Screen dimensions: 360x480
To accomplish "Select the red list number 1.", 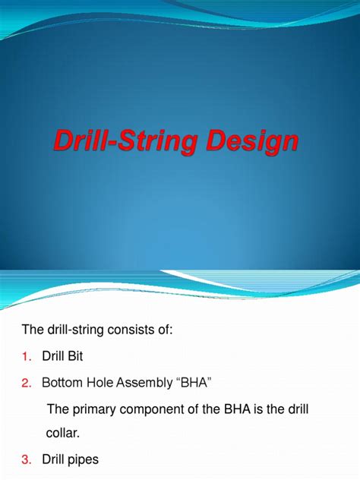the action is (27, 356).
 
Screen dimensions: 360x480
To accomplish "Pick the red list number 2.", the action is (27, 383).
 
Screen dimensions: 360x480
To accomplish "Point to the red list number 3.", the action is (27, 459).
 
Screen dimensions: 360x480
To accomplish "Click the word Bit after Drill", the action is (75, 356).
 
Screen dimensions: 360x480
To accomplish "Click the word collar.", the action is (63, 433).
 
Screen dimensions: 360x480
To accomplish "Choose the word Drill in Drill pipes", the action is (53, 459).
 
